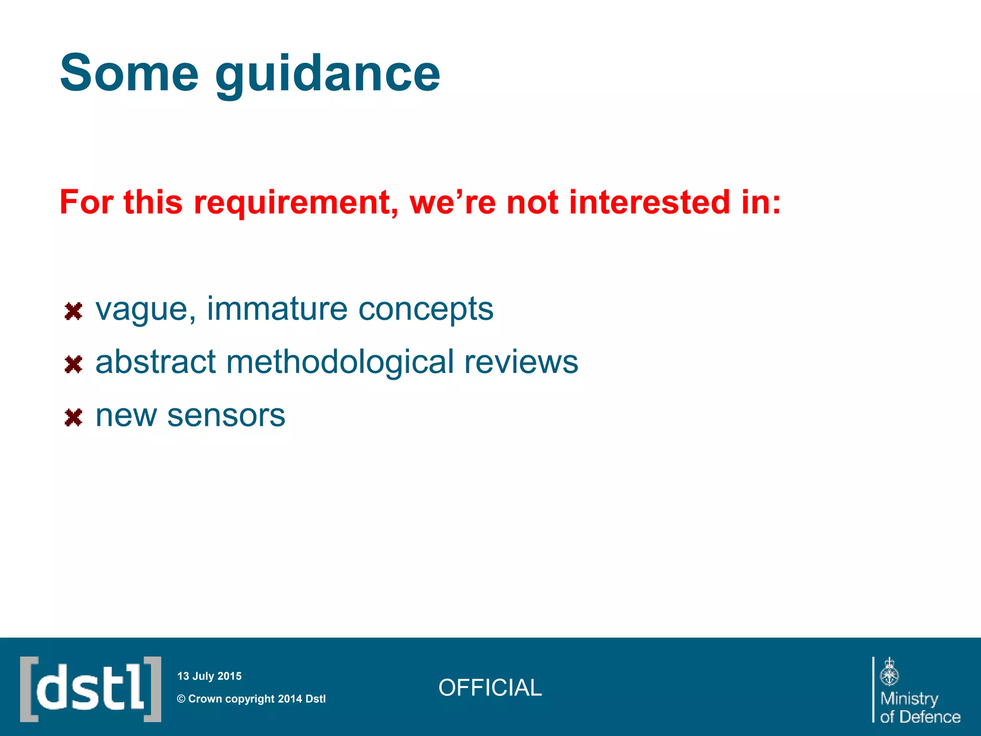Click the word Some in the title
click(x=129, y=73)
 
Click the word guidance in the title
click(x=328, y=74)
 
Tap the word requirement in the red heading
click(x=296, y=202)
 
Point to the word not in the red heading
click(x=532, y=202)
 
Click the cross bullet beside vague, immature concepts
click(x=73, y=311)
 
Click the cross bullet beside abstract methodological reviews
click(x=73, y=365)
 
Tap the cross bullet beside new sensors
click(x=73, y=417)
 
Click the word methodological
click(x=340, y=362)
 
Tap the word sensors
click(x=226, y=415)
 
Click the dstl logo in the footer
click(x=91, y=689)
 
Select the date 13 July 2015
click(x=209, y=676)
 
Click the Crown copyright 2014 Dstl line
click(x=251, y=699)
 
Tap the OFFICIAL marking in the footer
click(x=490, y=688)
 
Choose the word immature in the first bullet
click(x=277, y=309)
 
